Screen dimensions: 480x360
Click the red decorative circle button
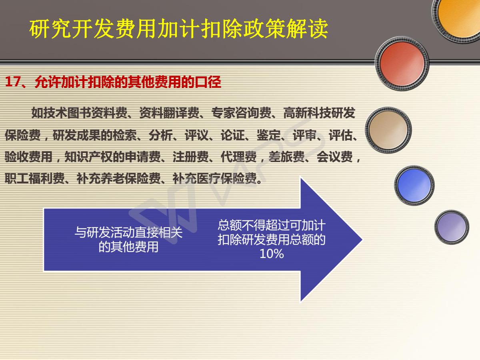pyautogui.click(x=402, y=64)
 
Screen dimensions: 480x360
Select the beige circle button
pyautogui.click(x=388, y=130)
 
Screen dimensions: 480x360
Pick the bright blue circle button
pyautogui.click(x=414, y=185)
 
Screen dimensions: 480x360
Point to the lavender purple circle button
pyautogui.click(x=452, y=227)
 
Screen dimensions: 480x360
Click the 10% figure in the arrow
pyautogui.click(x=272, y=254)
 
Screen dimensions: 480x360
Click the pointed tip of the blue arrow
pyautogui.click(x=362, y=240)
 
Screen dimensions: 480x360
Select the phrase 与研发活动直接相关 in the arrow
pyautogui.click(x=128, y=232)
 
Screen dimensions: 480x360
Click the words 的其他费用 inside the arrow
pyautogui.click(x=128, y=247)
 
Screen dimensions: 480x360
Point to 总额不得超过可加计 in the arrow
pyautogui.click(x=272, y=225)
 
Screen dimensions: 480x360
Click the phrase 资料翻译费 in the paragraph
pyautogui.click(x=169, y=113)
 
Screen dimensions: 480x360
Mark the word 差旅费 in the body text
pyautogui.click(x=286, y=157)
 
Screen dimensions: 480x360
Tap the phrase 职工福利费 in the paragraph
pyautogui.click(x=34, y=178)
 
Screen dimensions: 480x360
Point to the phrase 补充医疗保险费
pyautogui.click(x=214, y=178)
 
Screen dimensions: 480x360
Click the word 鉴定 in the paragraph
pyautogui.click(x=268, y=135)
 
